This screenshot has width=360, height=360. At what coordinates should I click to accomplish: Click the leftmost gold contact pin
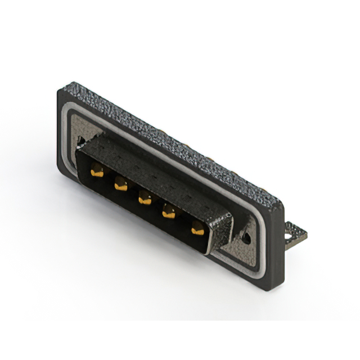(x=97, y=172)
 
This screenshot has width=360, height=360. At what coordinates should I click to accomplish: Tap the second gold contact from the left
(x=120, y=184)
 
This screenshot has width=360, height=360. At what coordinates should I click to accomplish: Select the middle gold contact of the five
(x=145, y=198)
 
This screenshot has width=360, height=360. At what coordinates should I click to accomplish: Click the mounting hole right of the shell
(x=247, y=238)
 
